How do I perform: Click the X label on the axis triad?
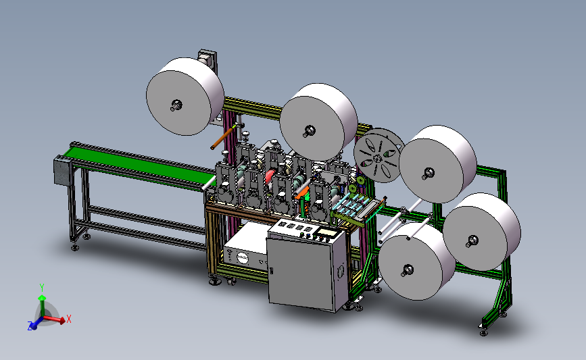pyautogui.click(x=69, y=319)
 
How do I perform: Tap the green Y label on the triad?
pyautogui.click(x=42, y=287)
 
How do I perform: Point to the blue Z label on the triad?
pyautogui.click(x=30, y=326)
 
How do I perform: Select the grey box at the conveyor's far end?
pyautogui.click(x=62, y=171)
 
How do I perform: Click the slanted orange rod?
pyautogui.click(x=224, y=137)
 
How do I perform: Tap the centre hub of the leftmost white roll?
pyautogui.click(x=176, y=105)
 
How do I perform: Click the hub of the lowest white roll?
pyautogui.click(x=407, y=271)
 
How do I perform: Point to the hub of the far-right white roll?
pyautogui.click(x=472, y=241)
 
